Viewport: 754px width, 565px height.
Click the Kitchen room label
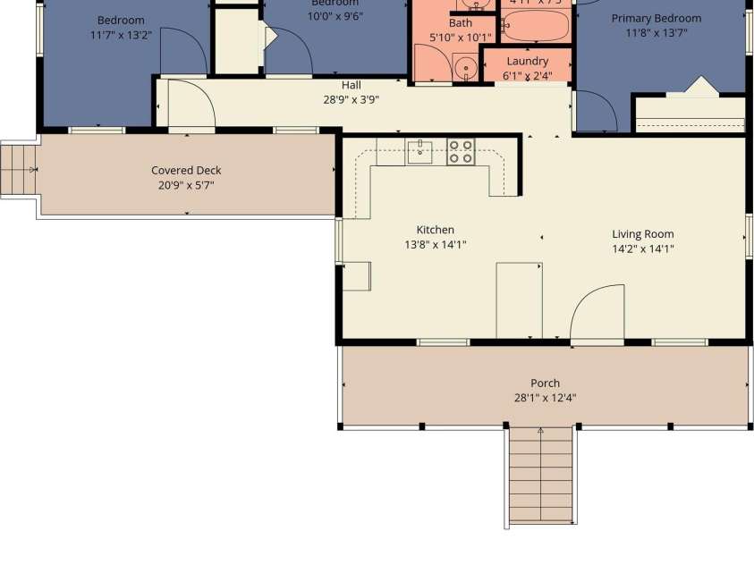click(x=435, y=230)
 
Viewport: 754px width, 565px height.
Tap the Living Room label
click(x=642, y=234)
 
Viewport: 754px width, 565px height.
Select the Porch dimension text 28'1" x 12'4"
click(x=544, y=399)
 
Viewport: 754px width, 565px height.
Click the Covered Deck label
click(x=186, y=171)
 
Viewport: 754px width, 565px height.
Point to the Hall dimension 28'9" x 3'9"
click(x=351, y=100)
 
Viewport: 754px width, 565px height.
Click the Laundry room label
click(x=527, y=61)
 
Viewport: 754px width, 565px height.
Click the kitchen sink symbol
click(x=419, y=152)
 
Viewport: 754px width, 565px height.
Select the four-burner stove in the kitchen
click(x=461, y=152)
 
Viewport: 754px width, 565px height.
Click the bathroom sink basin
click(x=465, y=68)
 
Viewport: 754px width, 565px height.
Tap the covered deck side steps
click(x=19, y=170)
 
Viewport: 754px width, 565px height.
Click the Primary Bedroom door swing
click(x=596, y=112)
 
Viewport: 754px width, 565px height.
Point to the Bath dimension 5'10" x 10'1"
click(x=461, y=38)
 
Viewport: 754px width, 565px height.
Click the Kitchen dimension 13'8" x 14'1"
click(x=435, y=245)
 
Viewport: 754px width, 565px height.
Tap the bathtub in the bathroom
click(x=535, y=27)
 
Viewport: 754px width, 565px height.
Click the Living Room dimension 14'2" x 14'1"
click(x=642, y=249)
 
